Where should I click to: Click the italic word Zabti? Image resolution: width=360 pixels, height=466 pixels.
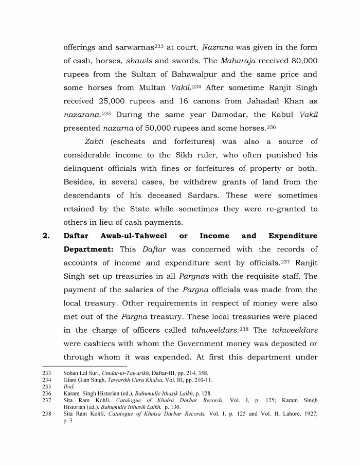click(x=95, y=141)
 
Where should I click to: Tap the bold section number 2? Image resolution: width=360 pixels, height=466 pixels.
click(x=46, y=236)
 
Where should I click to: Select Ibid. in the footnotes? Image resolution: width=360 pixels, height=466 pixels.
click(x=68, y=386)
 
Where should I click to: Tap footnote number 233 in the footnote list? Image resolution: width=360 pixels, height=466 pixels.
click(x=47, y=372)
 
